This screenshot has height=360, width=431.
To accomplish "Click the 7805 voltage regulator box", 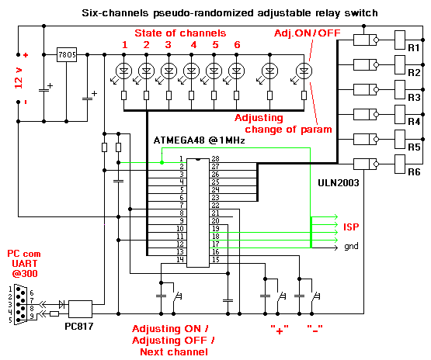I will point(66,57).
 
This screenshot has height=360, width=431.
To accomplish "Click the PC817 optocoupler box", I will point(82,307).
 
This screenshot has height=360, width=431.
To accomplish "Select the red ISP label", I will point(351,227).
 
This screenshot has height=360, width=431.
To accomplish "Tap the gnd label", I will point(351,247).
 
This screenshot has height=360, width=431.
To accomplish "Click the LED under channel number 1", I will point(123,71).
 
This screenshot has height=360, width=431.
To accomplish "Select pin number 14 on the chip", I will point(181,261).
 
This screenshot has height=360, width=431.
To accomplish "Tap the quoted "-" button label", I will point(315,327).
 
